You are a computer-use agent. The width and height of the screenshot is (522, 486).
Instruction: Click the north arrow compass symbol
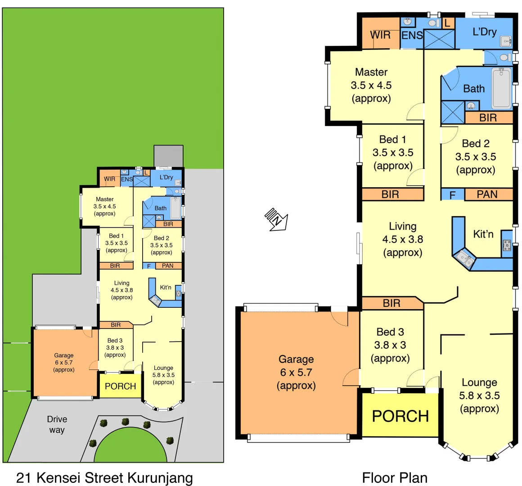pyautogui.click(x=276, y=219)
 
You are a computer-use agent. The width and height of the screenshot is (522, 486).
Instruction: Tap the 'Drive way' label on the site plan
pyautogui.click(x=57, y=424)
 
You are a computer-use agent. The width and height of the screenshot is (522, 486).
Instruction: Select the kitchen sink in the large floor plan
pyautogui.click(x=463, y=259)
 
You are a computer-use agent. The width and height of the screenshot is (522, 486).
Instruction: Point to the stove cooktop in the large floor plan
pyautogui.click(x=507, y=245)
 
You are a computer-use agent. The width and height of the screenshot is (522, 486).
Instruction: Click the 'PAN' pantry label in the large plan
pyautogui.click(x=487, y=194)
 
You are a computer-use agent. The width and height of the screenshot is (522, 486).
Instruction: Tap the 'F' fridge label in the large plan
pyautogui.click(x=453, y=195)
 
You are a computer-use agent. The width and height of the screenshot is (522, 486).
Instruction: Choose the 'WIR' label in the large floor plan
pyautogui.click(x=380, y=35)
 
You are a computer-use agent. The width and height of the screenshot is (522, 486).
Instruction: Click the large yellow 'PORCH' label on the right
pyautogui.click(x=400, y=416)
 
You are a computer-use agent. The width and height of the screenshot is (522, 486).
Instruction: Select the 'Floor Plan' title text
pyautogui.click(x=395, y=477)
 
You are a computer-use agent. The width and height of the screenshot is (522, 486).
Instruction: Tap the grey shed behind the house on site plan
pyautogui.click(x=168, y=156)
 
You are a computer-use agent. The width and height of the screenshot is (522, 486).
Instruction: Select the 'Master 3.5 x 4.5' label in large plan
pyautogui.click(x=371, y=85)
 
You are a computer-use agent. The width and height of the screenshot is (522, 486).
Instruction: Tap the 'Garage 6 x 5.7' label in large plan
pyautogui.click(x=296, y=372)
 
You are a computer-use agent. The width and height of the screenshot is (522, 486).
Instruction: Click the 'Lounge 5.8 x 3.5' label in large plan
pyautogui.click(x=479, y=396)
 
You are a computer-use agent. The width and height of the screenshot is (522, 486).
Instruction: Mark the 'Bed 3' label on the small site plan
pyautogui.click(x=115, y=347)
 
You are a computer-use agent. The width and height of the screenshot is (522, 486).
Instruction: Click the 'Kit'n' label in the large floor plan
pyautogui.click(x=483, y=234)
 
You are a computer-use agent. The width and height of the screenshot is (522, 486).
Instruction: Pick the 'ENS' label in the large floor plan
pyautogui.click(x=412, y=35)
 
